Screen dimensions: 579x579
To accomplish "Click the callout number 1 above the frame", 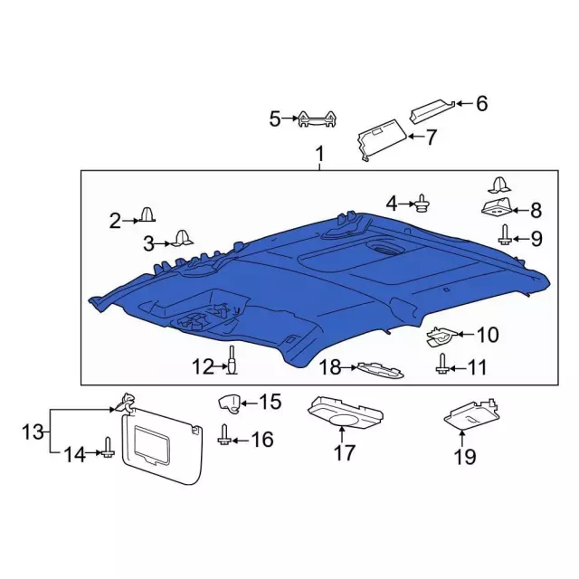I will click(x=318, y=157).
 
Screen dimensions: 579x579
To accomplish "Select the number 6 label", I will click(x=481, y=104).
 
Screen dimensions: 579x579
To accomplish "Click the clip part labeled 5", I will click(x=319, y=119).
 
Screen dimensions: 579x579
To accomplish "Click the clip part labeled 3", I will click(x=182, y=238).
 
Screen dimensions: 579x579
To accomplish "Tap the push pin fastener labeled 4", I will click(x=422, y=204).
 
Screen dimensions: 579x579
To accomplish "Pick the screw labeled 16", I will click(x=223, y=435).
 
